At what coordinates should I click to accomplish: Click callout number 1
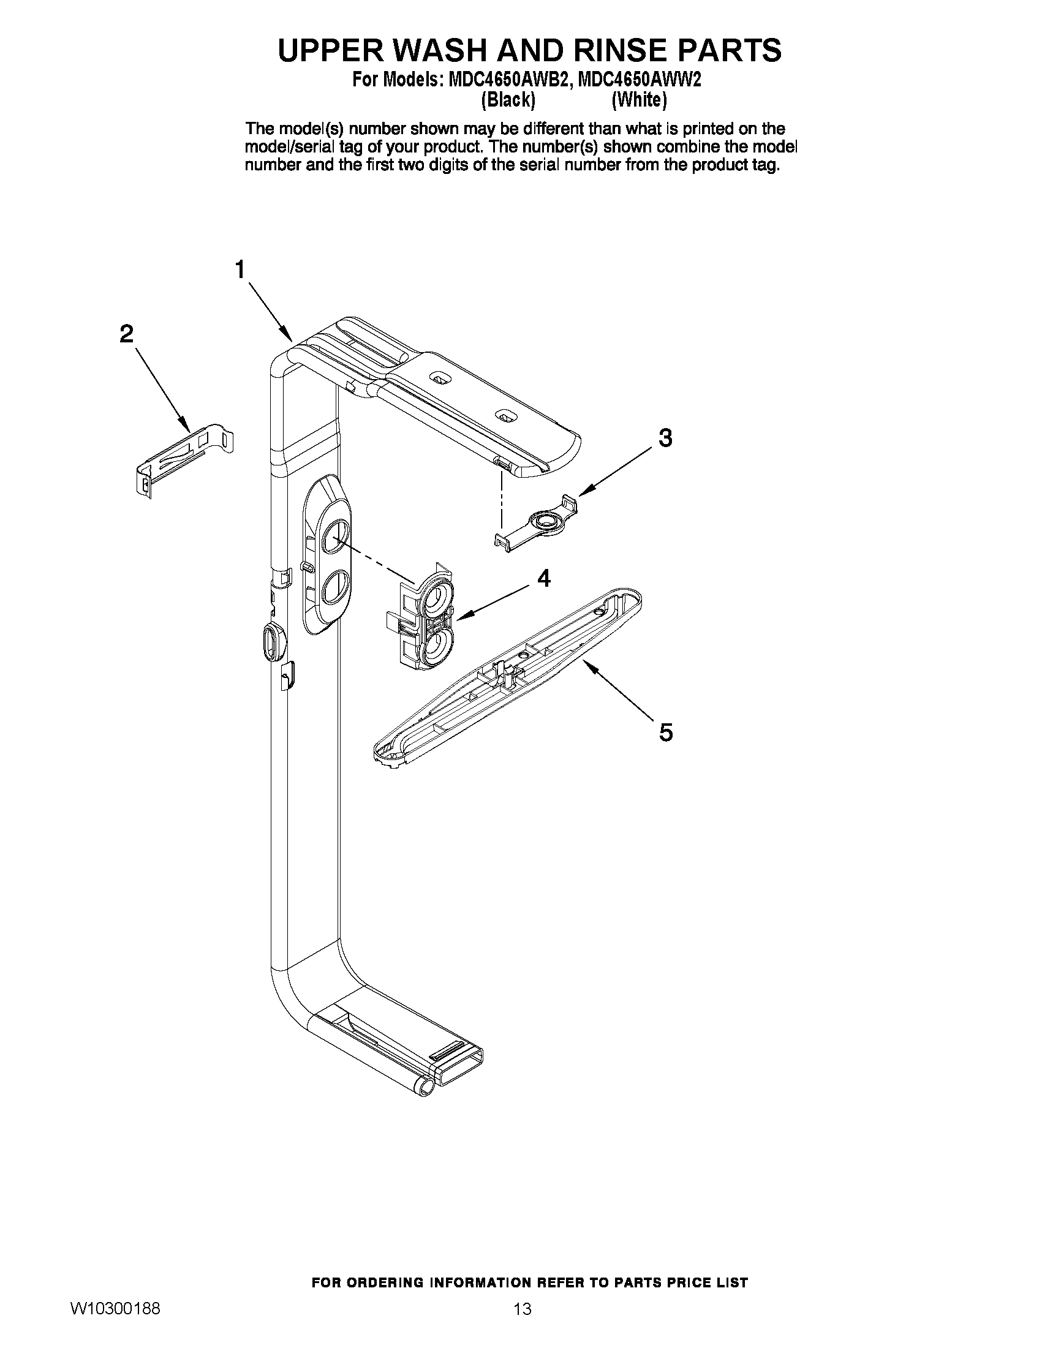[240, 269]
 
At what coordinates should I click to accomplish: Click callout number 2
[126, 334]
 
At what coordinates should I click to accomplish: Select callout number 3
[665, 439]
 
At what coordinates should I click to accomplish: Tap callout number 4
[544, 578]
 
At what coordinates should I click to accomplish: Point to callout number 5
[665, 732]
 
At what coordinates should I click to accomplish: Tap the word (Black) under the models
[507, 100]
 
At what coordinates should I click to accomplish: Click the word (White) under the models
[639, 100]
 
